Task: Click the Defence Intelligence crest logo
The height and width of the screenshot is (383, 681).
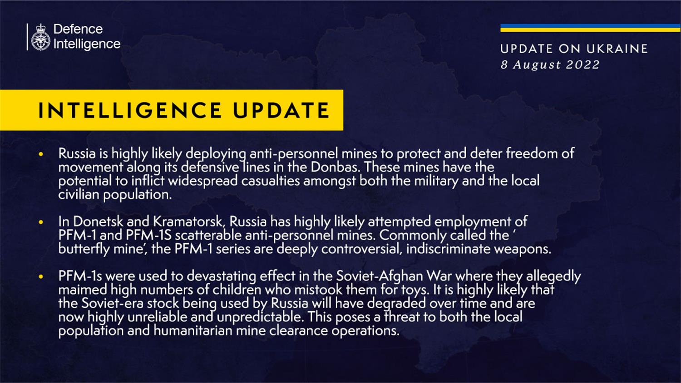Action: click(x=41, y=37)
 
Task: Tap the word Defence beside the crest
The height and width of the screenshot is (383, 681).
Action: click(x=78, y=29)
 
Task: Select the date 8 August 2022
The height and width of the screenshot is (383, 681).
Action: click(x=550, y=64)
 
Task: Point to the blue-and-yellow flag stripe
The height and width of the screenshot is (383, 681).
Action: click(x=590, y=28)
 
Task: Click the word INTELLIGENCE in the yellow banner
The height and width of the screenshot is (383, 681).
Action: click(x=130, y=110)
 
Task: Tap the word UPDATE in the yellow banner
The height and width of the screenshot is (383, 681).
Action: click(x=281, y=110)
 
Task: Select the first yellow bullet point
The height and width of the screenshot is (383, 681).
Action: click(x=41, y=154)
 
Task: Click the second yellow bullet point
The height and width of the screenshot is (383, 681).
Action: click(x=41, y=222)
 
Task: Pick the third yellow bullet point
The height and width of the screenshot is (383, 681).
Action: click(x=41, y=277)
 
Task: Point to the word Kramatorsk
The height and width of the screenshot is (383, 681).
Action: click(x=188, y=221)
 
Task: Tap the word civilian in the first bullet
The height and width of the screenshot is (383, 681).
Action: click(x=79, y=195)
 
